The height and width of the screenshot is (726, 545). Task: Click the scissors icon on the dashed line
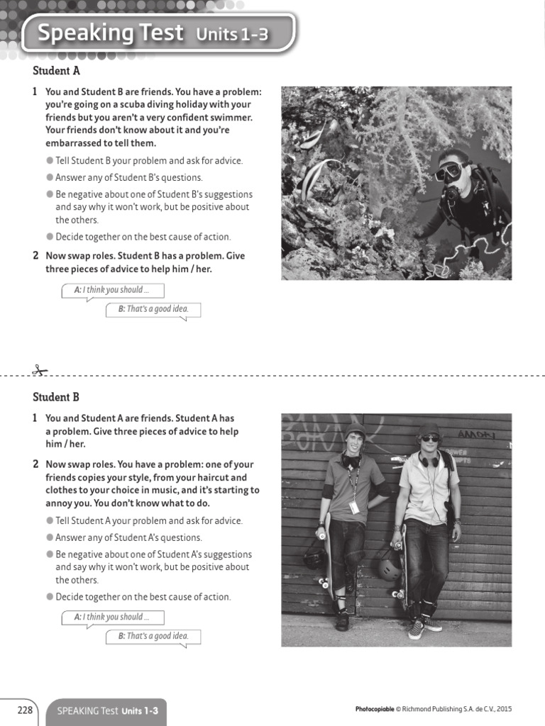pyautogui.click(x=39, y=370)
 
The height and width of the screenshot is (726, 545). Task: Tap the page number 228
pyautogui.click(x=25, y=710)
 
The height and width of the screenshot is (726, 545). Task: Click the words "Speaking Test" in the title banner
pyautogui.click(x=111, y=33)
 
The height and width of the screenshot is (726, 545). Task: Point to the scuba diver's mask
pyautogui.click(x=450, y=172)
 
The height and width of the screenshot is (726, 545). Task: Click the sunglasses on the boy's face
pyautogui.click(x=430, y=438)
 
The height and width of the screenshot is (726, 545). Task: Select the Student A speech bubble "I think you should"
pyautogui.click(x=113, y=290)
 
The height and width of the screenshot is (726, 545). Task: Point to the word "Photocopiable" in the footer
pyautogui.click(x=374, y=709)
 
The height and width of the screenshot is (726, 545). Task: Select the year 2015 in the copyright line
pyautogui.click(x=503, y=709)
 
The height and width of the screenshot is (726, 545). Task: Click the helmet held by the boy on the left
pyautogui.click(x=314, y=557)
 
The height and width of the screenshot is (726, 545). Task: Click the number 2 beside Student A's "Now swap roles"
pyautogui.click(x=35, y=256)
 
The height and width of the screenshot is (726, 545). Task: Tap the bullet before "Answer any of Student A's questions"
pyautogui.click(x=50, y=538)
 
